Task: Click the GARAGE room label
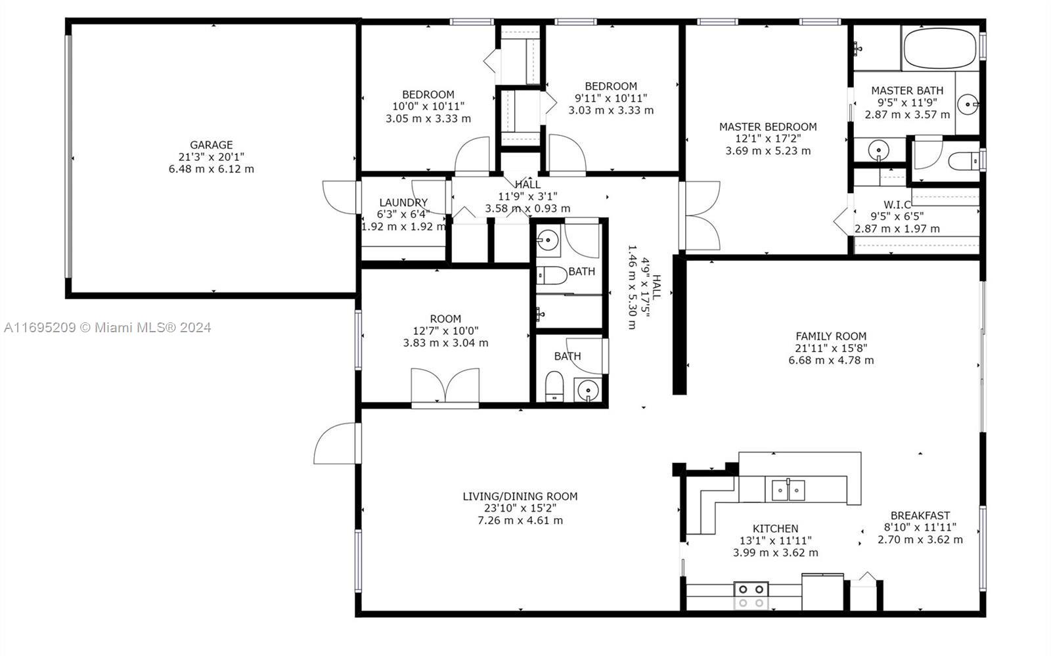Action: pos(211,145)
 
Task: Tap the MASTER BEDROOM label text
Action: pos(768,127)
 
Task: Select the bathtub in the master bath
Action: pos(940,49)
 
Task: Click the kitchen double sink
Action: pos(788,490)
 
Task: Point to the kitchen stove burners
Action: pos(751,596)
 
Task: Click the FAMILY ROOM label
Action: pos(831,336)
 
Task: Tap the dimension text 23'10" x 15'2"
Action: pos(520,508)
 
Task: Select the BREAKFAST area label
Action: pos(920,515)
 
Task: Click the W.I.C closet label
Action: pos(897,204)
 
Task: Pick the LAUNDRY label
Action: pos(403,202)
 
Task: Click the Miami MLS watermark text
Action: pos(108,327)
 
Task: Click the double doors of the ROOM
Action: pos(445,385)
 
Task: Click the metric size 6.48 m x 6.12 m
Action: pos(211,169)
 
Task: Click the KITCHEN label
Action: pos(776,529)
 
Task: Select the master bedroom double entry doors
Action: pos(700,215)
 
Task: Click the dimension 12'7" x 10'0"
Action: pos(446,331)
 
